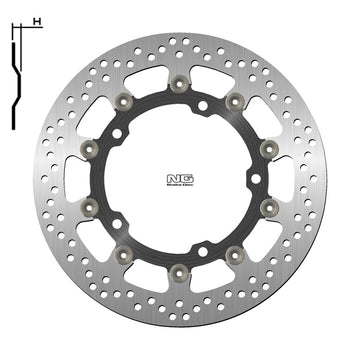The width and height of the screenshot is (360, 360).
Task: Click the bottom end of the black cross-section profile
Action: (x=12, y=126)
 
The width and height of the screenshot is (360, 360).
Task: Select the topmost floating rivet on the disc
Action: (x=180, y=81)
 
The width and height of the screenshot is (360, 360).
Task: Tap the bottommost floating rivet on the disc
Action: (x=180, y=271)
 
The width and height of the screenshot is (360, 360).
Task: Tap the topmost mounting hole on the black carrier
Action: (x=204, y=105)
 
